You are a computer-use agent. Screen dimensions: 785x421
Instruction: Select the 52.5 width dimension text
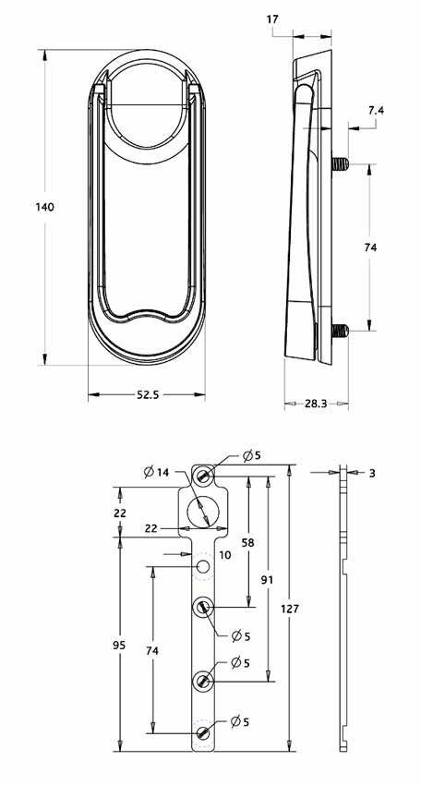pos(148,394)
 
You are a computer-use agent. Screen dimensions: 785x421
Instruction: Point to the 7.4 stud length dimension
pos(376,111)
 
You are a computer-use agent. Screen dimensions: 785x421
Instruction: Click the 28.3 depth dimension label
pos(316,404)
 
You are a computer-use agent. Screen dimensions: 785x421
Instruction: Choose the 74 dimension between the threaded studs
pos(371,248)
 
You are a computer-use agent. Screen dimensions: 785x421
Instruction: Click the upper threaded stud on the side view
pos(339,165)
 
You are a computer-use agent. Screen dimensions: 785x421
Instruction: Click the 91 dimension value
pos(267,580)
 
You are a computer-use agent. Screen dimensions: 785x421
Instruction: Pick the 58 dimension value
pos(248,542)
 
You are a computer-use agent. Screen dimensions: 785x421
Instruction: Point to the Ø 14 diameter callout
pos(156,473)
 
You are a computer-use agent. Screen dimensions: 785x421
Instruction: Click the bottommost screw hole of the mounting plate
pos(203,733)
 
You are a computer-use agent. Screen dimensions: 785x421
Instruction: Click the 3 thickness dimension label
pos(372,473)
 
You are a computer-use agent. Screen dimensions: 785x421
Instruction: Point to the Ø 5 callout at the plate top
pos(252,455)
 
